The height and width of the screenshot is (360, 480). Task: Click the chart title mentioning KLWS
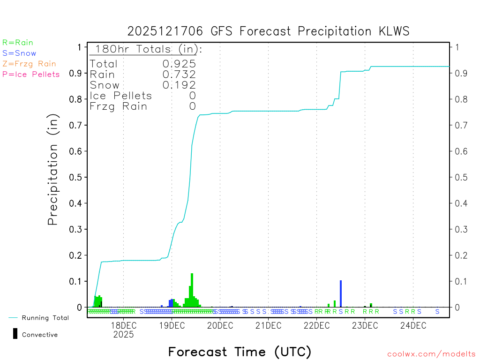click(x=269, y=31)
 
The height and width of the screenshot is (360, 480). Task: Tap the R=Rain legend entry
click(x=18, y=43)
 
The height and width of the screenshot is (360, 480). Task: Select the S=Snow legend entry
click(x=19, y=53)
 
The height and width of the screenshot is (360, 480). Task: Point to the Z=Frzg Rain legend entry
click(x=29, y=64)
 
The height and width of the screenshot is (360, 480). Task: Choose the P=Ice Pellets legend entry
click(x=31, y=74)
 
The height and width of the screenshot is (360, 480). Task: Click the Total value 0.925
click(x=179, y=64)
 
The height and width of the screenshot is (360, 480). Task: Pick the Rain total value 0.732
click(x=179, y=75)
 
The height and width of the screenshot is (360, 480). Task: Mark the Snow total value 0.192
click(x=179, y=85)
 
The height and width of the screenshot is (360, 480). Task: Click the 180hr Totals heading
click(x=147, y=49)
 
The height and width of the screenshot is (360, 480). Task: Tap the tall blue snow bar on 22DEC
click(x=341, y=293)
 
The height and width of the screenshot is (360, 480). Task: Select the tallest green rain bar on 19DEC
click(x=192, y=290)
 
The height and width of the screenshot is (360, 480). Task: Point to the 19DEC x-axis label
click(x=172, y=326)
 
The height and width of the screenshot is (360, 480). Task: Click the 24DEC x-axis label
click(x=413, y=326)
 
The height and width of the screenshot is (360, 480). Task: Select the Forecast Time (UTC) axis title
click(x=240, y=352)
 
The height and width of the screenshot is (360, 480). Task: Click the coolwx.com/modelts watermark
click(x=431, y=354)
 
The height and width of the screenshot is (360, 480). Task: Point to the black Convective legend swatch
click(x=15, y=334)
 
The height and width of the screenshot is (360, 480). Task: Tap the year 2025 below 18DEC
click(x=123, y=335)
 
